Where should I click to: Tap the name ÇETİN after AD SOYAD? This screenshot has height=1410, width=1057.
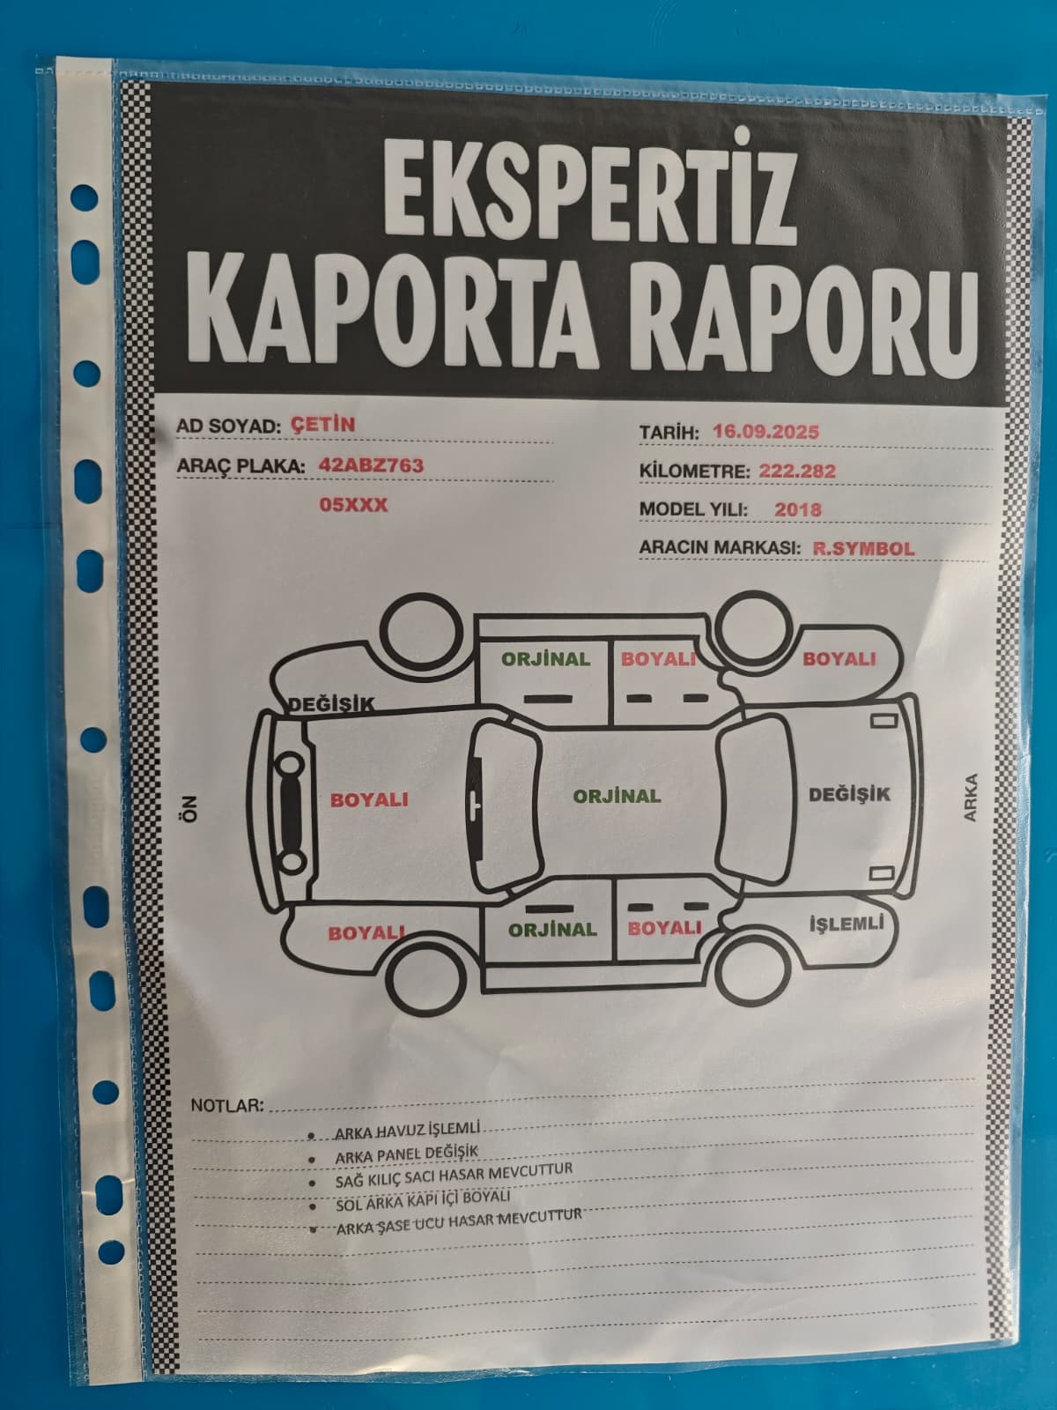click(322, 425)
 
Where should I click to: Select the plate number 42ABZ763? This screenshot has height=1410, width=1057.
click(371, 465)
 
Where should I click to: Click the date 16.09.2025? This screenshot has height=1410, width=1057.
click(765, 431)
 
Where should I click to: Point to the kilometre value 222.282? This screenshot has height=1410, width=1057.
click(797, 471)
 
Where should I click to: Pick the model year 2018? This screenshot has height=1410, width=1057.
click(798, 509)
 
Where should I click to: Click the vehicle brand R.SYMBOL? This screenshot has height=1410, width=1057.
click(863, 548)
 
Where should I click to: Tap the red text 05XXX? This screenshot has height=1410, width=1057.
click(353, 504)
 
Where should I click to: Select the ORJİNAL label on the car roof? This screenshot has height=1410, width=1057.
click(617, 796)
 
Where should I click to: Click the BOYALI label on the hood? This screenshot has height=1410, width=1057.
click(369, 800)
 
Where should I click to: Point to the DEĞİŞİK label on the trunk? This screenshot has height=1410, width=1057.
click(849, 794)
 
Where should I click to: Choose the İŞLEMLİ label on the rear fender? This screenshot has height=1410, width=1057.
click(846, 924)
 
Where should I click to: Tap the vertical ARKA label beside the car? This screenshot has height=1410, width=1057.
click(970, 798)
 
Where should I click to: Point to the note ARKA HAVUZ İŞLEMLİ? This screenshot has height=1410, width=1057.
click(408, 1130)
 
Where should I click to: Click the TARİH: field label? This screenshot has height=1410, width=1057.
click(669, 433)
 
